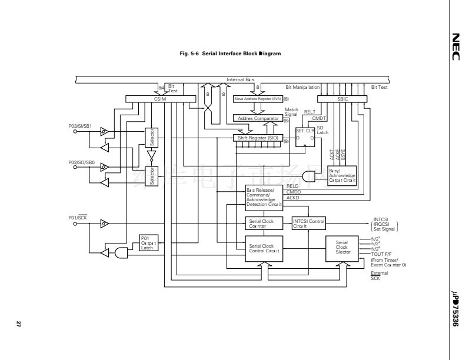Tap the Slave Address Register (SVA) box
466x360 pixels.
258,99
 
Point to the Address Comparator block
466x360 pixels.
258,118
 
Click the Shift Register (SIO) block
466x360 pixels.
258,138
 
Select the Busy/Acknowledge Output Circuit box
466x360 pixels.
342,175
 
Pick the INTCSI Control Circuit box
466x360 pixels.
308,223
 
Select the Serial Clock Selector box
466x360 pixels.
342,247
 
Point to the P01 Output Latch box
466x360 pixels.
147,242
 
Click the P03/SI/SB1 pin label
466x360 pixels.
79,126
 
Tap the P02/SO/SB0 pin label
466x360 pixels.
79,161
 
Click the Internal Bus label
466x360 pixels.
241,79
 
